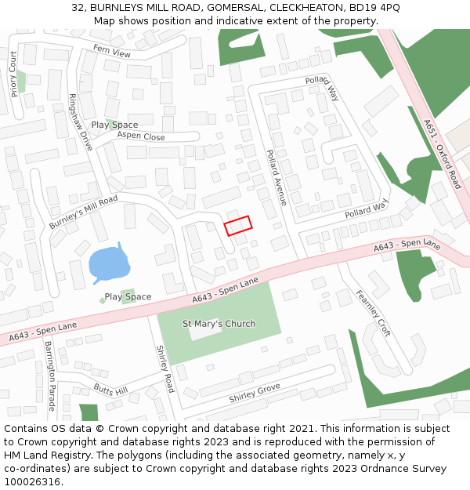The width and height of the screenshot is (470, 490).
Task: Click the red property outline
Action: (238, 226)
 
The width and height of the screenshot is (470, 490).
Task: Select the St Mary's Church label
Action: (219, 324)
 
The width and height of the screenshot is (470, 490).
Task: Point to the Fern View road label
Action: (112, 52)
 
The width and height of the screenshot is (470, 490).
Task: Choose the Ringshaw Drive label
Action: (80, 122)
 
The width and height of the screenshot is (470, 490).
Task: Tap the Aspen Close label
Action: (141, 136)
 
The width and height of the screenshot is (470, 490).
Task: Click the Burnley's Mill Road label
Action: (83, 212)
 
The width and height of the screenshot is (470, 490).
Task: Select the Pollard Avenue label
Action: (277, 177)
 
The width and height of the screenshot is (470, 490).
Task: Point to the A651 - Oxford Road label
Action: (443, 154)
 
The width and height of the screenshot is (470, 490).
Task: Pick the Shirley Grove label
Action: (255, 394)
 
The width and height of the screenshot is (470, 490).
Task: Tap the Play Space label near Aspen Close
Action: (114, 125)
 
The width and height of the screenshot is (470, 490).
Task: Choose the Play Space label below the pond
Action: (128, 297)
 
